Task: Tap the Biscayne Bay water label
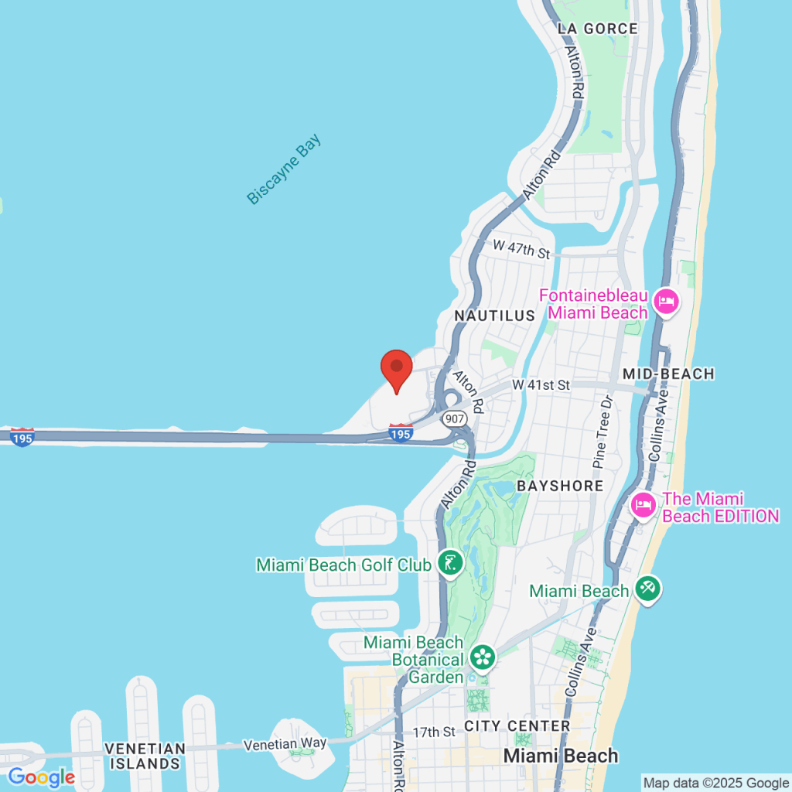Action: (x=283, y=170)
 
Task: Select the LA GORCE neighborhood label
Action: (x=598, y=29)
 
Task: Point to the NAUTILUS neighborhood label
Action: (x=494, y=316)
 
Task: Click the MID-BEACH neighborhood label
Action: (x=668, y=374)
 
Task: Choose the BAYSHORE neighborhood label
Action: (x=560, y=486)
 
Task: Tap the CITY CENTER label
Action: (x=517, y=726)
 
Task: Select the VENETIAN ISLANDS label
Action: (x=145, y=756)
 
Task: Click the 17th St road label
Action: (x=434, y=732)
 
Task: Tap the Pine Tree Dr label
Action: (x=603, y=432)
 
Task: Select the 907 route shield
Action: (x=454, y=418)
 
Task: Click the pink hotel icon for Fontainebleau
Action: (x=664, y=302)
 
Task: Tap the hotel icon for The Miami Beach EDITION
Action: (x=643, y=507)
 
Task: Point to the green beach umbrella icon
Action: (x=647, y=590)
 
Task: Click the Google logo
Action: (x=41, y=777)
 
